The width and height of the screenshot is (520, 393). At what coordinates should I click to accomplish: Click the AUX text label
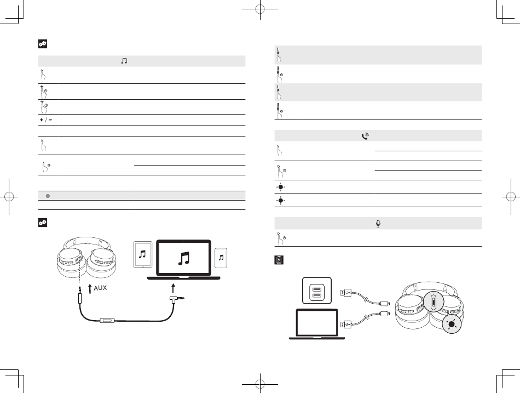coord(100,288)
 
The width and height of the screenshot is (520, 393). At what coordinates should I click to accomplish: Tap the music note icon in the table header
coord(124,61)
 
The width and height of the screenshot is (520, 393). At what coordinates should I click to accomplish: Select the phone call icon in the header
coord(365,136)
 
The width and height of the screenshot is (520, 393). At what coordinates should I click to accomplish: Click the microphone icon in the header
coord(378,224)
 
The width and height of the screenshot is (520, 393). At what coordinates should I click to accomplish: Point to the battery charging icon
coord(279,260)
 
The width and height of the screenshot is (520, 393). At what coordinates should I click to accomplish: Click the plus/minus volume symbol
coord(46,120)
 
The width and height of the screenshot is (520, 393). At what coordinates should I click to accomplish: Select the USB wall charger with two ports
coord(317,291)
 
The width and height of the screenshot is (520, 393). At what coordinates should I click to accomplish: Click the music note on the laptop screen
coord(184,258)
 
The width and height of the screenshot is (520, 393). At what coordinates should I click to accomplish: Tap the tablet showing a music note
coord(143,254)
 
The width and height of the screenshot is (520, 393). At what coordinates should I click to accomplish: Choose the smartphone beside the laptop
coord(221,258)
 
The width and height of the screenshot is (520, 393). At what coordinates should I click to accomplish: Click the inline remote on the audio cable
coord(107,321)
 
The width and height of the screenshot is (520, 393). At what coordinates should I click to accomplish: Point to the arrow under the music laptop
coord(173,288)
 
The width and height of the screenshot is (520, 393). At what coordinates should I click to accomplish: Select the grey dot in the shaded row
coord(48,196)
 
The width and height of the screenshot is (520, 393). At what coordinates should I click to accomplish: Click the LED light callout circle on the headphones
coord(452,324)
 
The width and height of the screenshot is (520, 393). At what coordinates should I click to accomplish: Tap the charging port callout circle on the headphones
coord(434,301)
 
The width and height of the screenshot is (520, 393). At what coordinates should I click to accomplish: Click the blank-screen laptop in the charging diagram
coord(317,324)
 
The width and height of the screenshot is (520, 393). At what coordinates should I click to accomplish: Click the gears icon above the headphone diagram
coord(43,223)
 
